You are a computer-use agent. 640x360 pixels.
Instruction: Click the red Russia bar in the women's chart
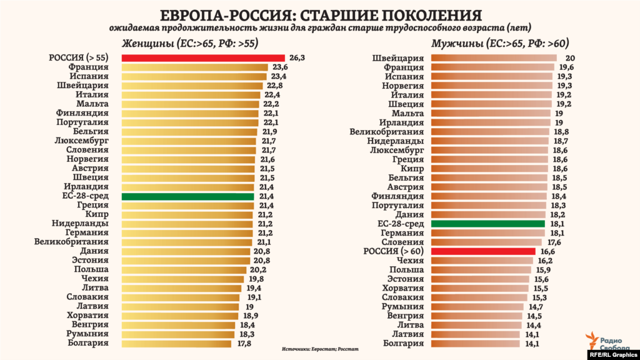pyautogui.click(x=203, y=57)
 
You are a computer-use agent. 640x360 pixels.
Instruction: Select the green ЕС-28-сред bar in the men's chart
pyautogui.click(x=487, y=224)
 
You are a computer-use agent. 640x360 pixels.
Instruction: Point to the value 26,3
pyautogui.click(x=297, y=57)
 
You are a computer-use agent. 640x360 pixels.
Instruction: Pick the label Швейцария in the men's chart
pyautogui.click(x=397, y=58)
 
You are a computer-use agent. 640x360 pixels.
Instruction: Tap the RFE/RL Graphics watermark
pyautogui.click(x=612, y=354)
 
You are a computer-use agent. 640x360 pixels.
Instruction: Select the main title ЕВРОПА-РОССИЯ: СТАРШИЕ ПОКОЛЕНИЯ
pyautogui.click(x=320, y=15)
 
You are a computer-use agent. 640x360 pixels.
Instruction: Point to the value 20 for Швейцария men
pyautogui.click(x=570, y=58)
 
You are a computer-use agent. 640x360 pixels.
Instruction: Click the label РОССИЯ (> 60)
pyautogui.click(x=394, y=251)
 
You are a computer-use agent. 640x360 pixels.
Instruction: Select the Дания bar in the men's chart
pyautogui.click(x=488, y=214)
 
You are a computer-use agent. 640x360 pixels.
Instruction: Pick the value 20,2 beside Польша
pyautogui.click(x=255, y=269)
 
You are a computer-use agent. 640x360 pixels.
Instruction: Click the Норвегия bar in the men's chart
pyautogui.click(x=491, y=86)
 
